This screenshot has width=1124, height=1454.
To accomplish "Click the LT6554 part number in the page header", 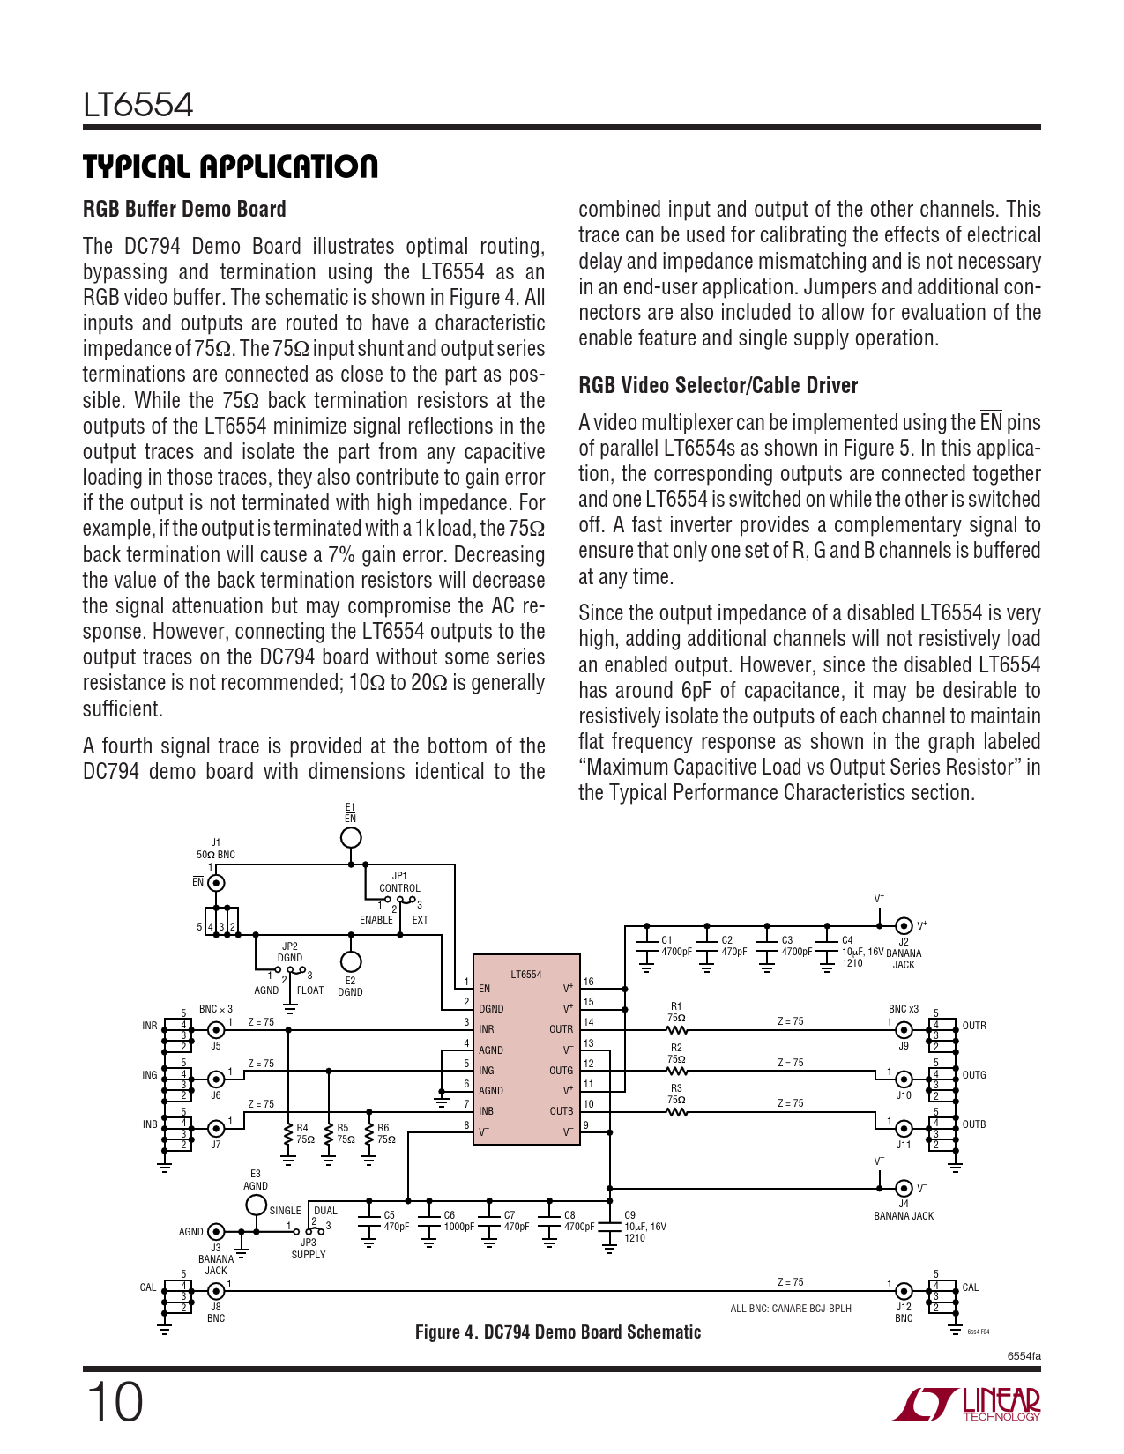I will click(x=138, y=105).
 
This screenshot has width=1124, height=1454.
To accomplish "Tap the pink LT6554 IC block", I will click(x=526, y=1049).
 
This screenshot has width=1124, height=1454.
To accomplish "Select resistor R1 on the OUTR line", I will click(x=676, y=1029).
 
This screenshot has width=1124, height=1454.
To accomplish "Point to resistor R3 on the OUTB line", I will click(x=676, y=1111).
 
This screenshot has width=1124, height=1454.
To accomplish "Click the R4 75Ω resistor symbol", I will click(x=288, y=1139).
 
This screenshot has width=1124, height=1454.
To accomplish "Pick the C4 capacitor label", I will click(x=847, y=940).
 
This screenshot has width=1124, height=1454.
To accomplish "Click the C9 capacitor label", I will click(x=629, y=1215).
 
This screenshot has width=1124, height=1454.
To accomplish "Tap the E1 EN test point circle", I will click(x=351, y=837).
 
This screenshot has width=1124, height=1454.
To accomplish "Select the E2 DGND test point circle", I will click(x=351, y=961).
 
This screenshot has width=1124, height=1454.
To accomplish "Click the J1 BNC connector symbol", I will click(x=216, y=882).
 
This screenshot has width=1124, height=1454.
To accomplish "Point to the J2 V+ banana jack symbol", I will click(x=904, y=925).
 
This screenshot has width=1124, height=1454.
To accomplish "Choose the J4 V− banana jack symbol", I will click(x=904, y=1188).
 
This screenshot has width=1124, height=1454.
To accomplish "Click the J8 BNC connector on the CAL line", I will click(x=216, y=1291).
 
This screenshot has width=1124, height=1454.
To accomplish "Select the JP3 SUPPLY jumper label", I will click(x=309, y=1249).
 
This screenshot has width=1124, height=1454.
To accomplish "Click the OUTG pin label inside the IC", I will click(x=561, y=1071).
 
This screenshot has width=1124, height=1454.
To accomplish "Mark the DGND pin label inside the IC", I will click(x=491, y=1009).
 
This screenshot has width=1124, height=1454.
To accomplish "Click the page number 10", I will click(x=114, y=1403).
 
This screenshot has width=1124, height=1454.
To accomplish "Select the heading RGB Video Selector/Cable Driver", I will click(x=718, y=385).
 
